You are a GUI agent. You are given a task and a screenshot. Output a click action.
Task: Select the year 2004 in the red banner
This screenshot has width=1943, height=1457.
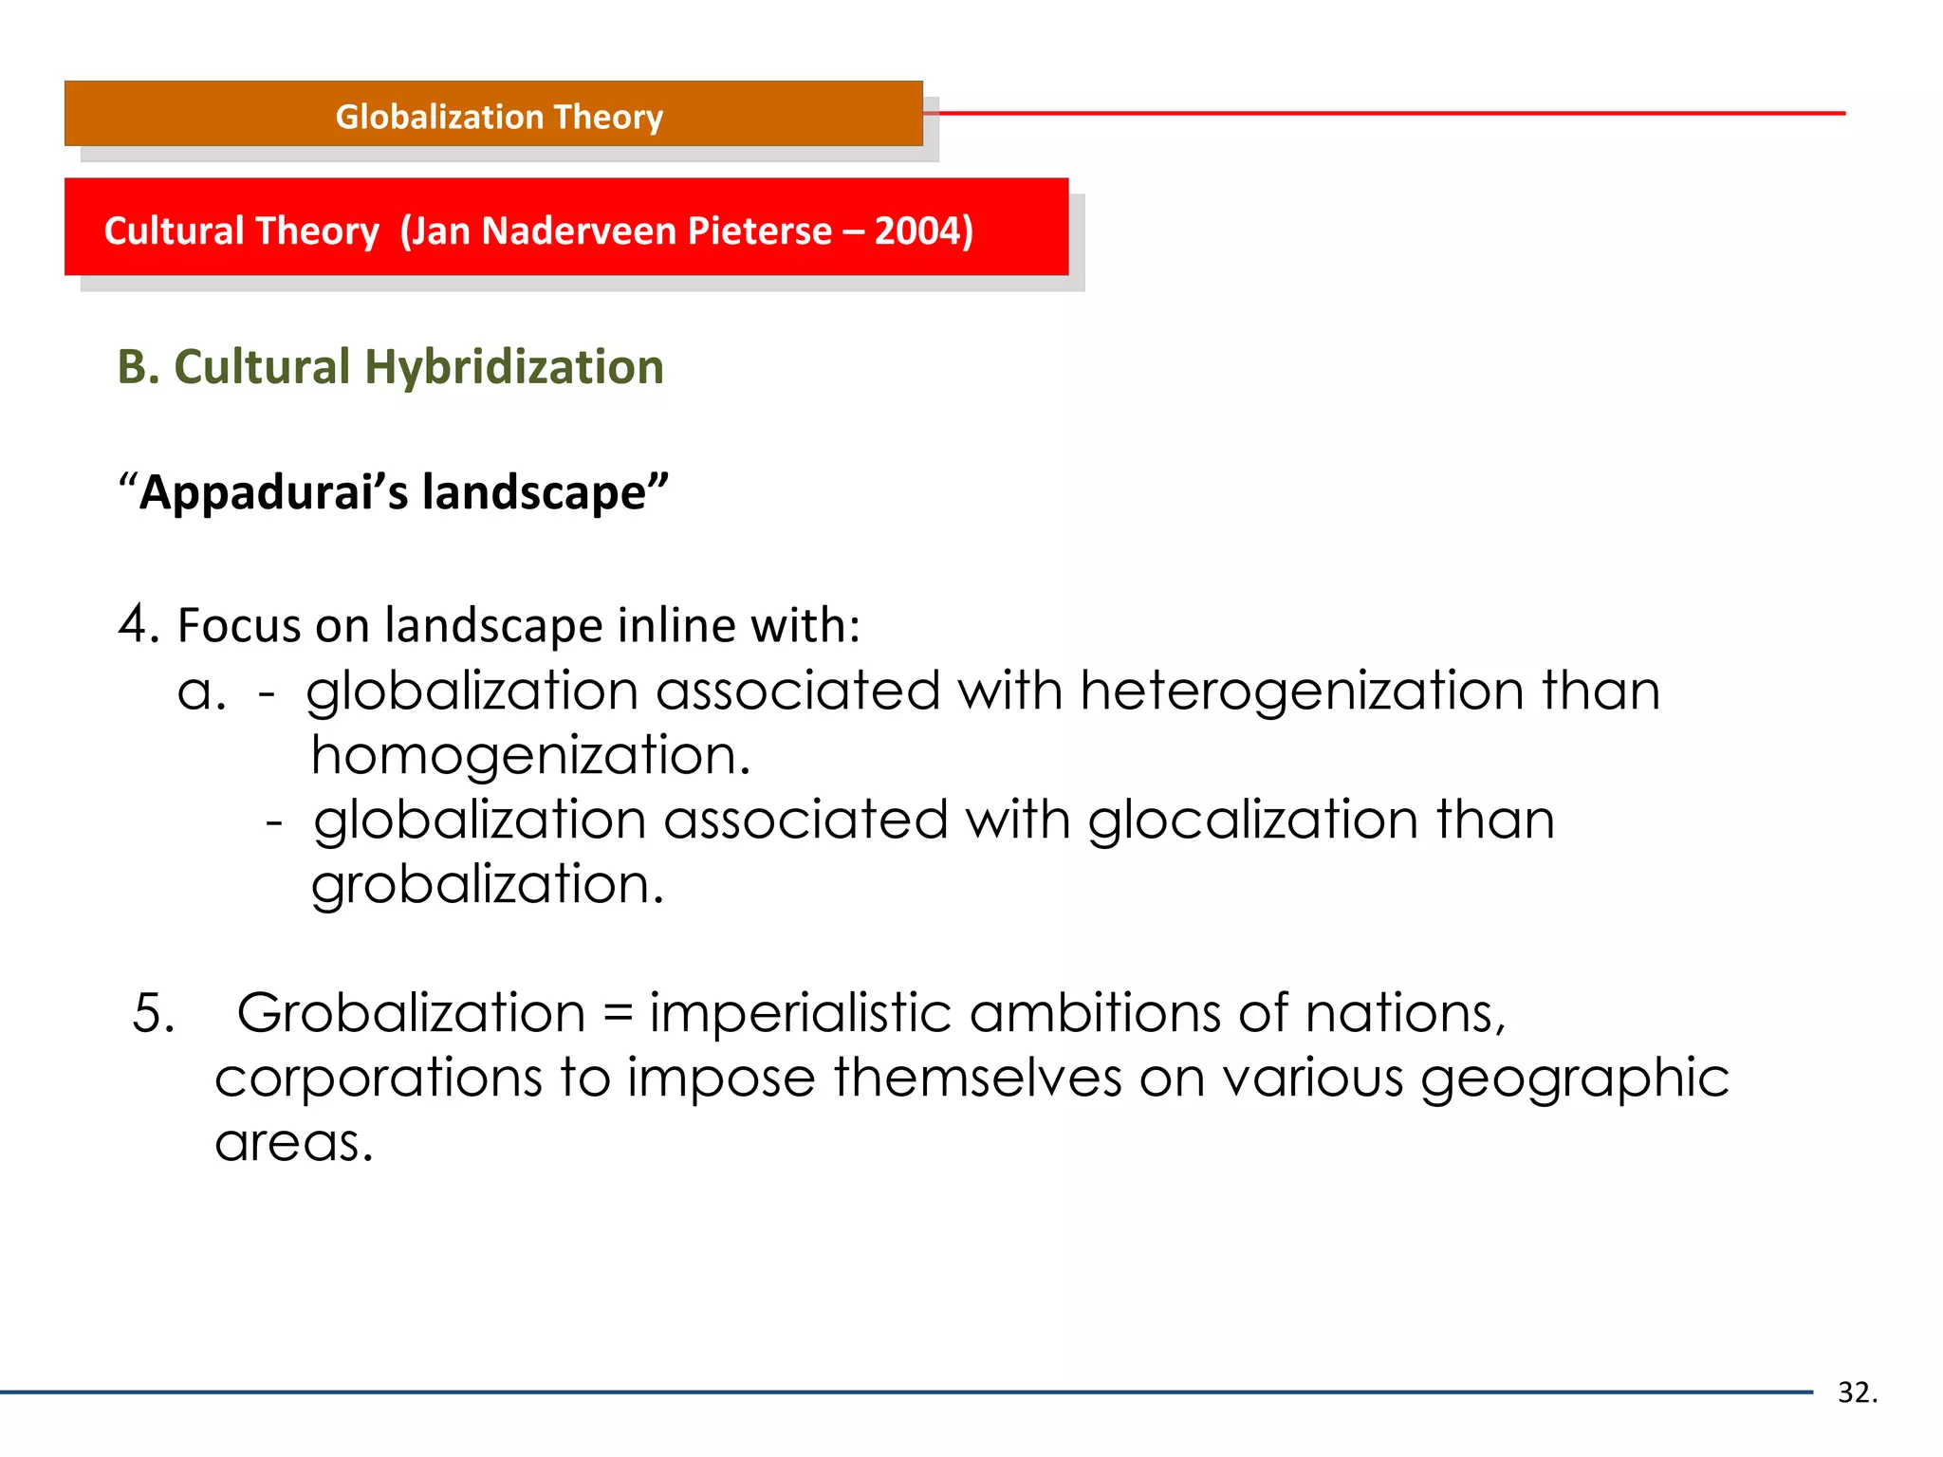[x=916, y=231]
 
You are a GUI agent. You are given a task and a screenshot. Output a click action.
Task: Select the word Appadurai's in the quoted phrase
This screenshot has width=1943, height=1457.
[x=273, y=492]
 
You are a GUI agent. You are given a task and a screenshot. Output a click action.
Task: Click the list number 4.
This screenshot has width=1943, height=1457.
[x=139, y=624]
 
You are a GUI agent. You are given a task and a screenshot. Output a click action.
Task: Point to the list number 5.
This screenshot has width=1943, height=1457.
[x=152, y=1013]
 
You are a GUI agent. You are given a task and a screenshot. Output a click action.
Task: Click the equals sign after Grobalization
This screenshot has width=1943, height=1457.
[x=617, y=1013]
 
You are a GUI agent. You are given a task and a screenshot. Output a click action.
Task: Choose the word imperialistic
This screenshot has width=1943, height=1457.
[x=800, y=1013]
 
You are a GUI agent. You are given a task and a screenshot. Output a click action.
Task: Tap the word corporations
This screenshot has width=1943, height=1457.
[x=378, y=1079]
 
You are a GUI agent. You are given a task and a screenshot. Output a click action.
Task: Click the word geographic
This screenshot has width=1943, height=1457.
[x=1574, y=1079]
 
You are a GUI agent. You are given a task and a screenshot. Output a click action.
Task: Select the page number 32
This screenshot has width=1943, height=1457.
[x=1856, y=1392]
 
